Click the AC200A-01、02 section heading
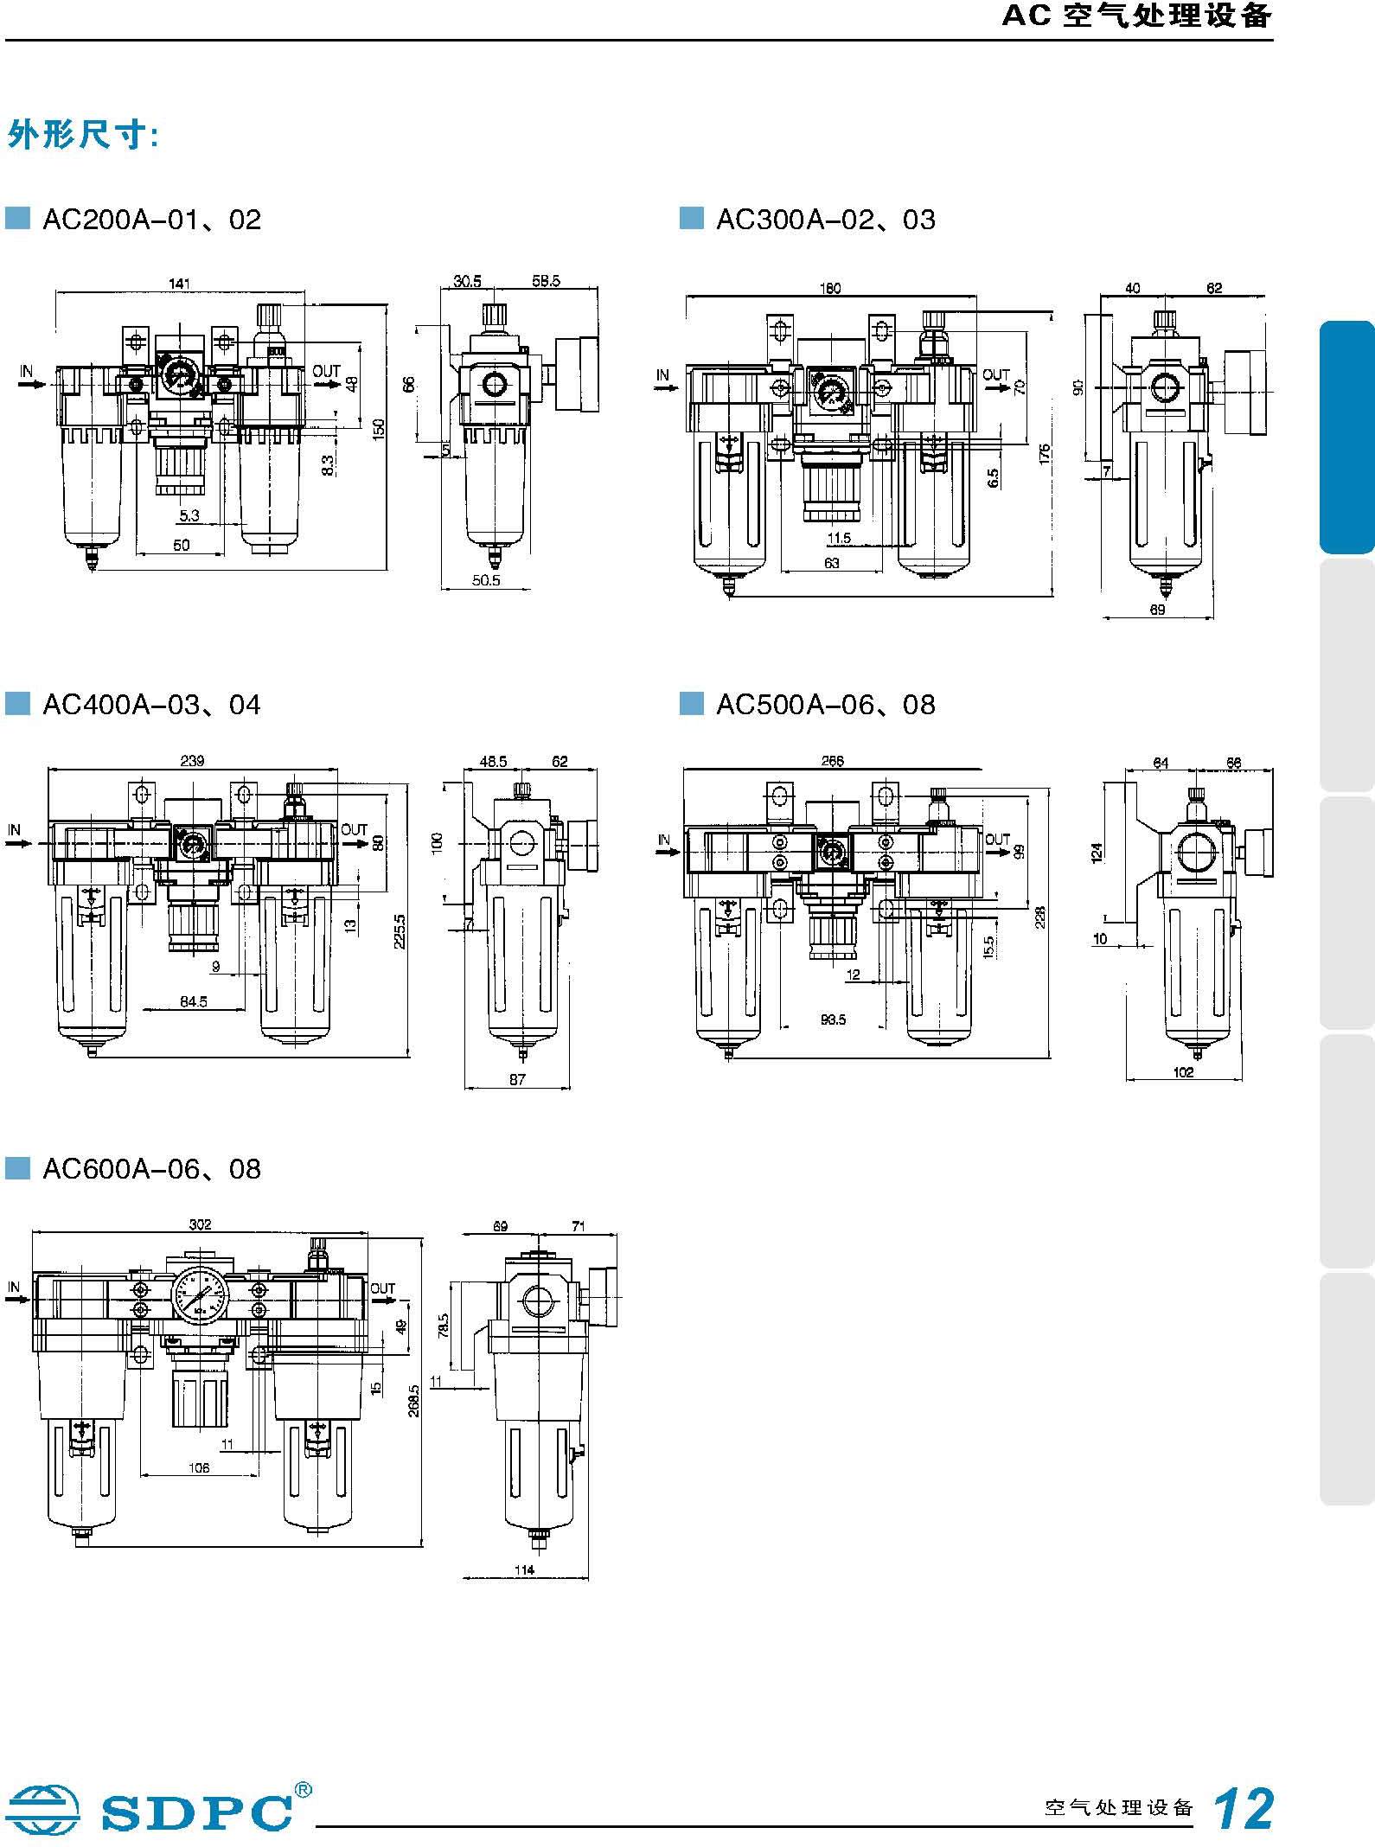click(151, 220)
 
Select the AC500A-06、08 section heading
click(825, 705)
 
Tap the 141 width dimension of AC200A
click(179, 283)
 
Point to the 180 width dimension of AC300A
click(829, 288)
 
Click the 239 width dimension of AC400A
click(192, 760)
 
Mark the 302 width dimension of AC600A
click(200, 1224)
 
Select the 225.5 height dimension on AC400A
click(400, 931)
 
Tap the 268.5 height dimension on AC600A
click(414, 1400)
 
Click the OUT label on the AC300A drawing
click(996, 374)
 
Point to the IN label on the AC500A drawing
click(663, 839)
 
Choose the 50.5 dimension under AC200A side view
click(486, 580)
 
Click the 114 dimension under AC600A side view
click(524, 1569)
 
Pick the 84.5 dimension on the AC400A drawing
click(193, 1001)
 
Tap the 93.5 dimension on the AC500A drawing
click(833, 1019)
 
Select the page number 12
click(1244, 1808)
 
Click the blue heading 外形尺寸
click(82, 136)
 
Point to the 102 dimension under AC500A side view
click(1183, 1071)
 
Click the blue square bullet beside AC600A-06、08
click(17, 1169)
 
